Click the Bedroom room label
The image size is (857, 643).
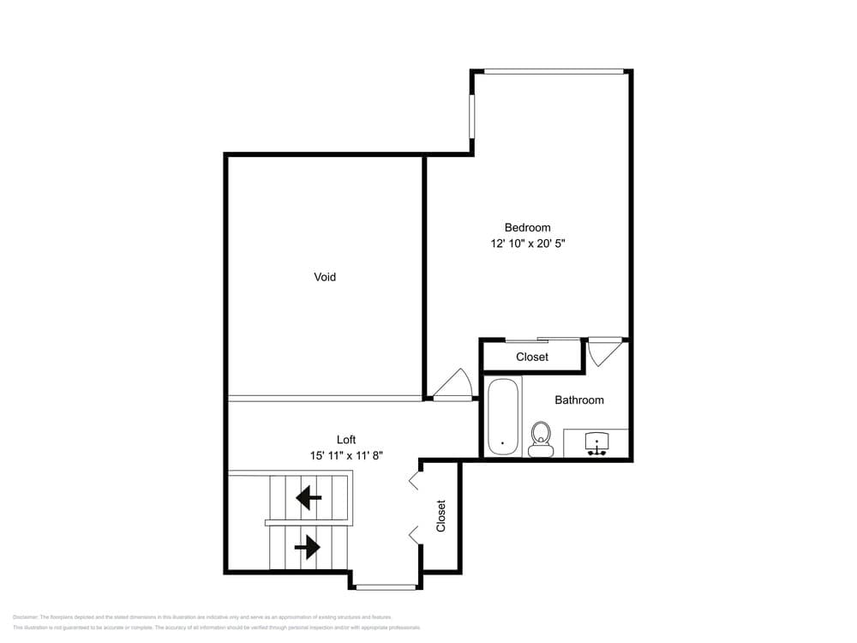coord(527,227)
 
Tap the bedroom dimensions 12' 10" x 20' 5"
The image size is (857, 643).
coord(527,243)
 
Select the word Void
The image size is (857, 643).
coord(325,277)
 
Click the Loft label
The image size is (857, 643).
coord(346,440)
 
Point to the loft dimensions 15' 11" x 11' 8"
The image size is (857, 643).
coord(346,456)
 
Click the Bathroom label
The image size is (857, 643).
coord(578,400)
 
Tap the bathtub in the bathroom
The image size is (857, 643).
coord(503,417)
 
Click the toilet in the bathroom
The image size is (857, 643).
coord(540,438)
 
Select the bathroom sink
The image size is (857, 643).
coord(596,443)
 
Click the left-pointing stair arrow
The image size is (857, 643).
coord(309,496)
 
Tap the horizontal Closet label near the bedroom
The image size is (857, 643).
coord(532,357)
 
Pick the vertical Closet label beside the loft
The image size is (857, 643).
coord(441,516)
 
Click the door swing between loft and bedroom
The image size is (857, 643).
coord(452,386)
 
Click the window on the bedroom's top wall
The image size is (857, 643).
coord(554,71)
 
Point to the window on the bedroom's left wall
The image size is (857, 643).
coord(471,115)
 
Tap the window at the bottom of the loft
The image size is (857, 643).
coord(386,587)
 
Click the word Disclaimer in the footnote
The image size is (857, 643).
coord(27,617)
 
